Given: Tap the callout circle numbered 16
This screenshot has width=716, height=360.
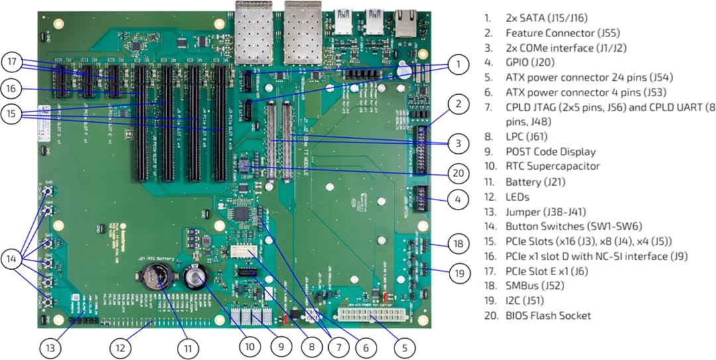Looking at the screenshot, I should pos(11,88).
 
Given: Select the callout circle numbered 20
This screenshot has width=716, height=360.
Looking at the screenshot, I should pos(457,174).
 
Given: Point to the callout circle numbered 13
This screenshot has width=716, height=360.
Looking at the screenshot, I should pos(50,346).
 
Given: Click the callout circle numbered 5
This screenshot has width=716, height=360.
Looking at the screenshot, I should pos(404,346).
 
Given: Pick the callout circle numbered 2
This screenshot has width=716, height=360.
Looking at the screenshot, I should pos(457,103).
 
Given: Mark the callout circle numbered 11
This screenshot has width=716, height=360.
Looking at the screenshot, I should pos(188,346).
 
